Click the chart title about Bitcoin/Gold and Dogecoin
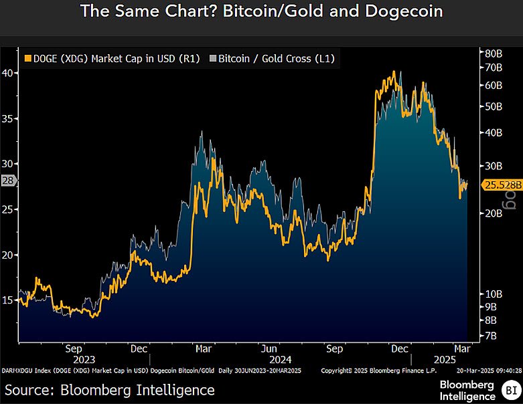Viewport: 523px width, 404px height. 261,11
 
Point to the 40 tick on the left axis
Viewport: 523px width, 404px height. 8,73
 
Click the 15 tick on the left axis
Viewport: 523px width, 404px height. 8,300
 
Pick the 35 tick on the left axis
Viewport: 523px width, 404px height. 8,118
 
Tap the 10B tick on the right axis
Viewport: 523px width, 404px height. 492,294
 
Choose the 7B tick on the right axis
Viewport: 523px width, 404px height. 490,335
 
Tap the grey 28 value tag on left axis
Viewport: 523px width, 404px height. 8,181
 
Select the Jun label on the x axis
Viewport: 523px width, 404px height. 269,348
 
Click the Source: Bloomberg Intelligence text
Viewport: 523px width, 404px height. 110,389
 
